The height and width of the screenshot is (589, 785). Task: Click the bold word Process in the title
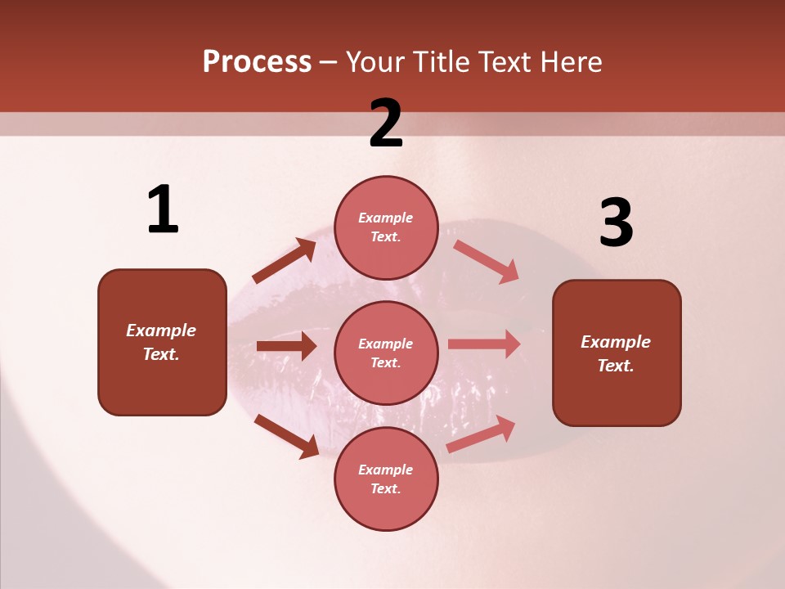click(x=257, y=62)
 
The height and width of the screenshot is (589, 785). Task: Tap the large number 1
click(x=163, y=210)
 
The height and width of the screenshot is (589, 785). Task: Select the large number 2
click(x=386, y=124)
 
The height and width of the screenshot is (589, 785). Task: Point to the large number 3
click(x=616, y=223)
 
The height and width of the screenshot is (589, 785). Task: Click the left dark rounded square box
click(x=162, y=342)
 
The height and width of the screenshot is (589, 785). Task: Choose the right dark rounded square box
click(x=617, y=353)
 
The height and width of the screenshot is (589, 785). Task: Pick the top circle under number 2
click(x=386, y=227)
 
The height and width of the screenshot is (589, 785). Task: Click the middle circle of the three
click(x=386, y=353)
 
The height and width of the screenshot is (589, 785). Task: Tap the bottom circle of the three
click(x=386, y=479)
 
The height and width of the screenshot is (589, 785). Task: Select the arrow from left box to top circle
click(x=285, y=261)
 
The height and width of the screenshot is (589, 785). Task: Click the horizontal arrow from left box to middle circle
click(x=286, y=346)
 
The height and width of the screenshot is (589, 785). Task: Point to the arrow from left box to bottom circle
click(x=286, y=435)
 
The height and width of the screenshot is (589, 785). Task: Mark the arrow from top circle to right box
click(x=487, y=261)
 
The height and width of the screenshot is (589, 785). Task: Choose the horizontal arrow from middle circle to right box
click(x=484, y=344)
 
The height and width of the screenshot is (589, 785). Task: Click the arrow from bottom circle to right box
click(x=481, y=434)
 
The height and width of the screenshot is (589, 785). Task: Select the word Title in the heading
click(x=439, y=62)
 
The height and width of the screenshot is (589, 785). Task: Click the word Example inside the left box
click(x=161, y=330)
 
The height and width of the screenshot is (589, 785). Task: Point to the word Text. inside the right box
click(x=616, y=366)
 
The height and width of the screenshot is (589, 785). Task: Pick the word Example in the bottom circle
click(x=386, y=470)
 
